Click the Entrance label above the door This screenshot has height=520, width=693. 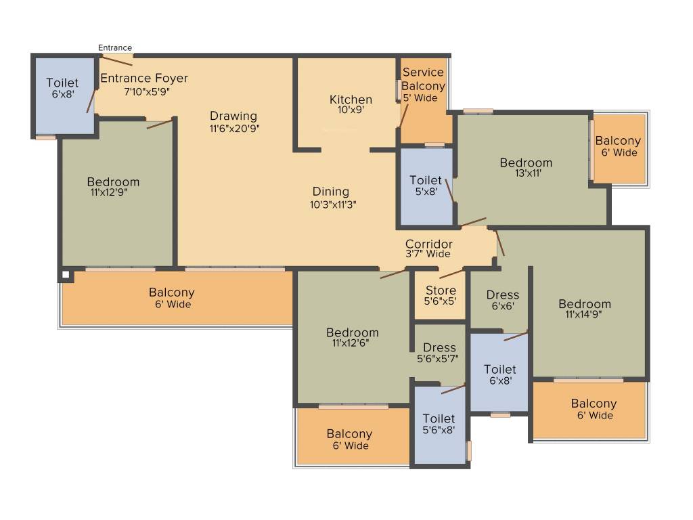point(115,47)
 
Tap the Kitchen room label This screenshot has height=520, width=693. point(351,100)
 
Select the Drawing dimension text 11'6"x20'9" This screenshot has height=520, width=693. point(234,129)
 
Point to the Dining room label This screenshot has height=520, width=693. point(330,192)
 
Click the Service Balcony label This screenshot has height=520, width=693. point(423,79)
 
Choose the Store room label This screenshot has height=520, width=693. point(441,290)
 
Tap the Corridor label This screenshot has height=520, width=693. point(428,244)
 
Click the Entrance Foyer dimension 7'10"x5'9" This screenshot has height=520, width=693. point(147,91)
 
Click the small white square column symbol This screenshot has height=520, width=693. point(66,275)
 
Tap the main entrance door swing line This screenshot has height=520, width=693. point(116,60)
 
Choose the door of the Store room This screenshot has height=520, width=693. point(451,273)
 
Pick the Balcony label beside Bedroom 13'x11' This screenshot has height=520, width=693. point(618,141)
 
